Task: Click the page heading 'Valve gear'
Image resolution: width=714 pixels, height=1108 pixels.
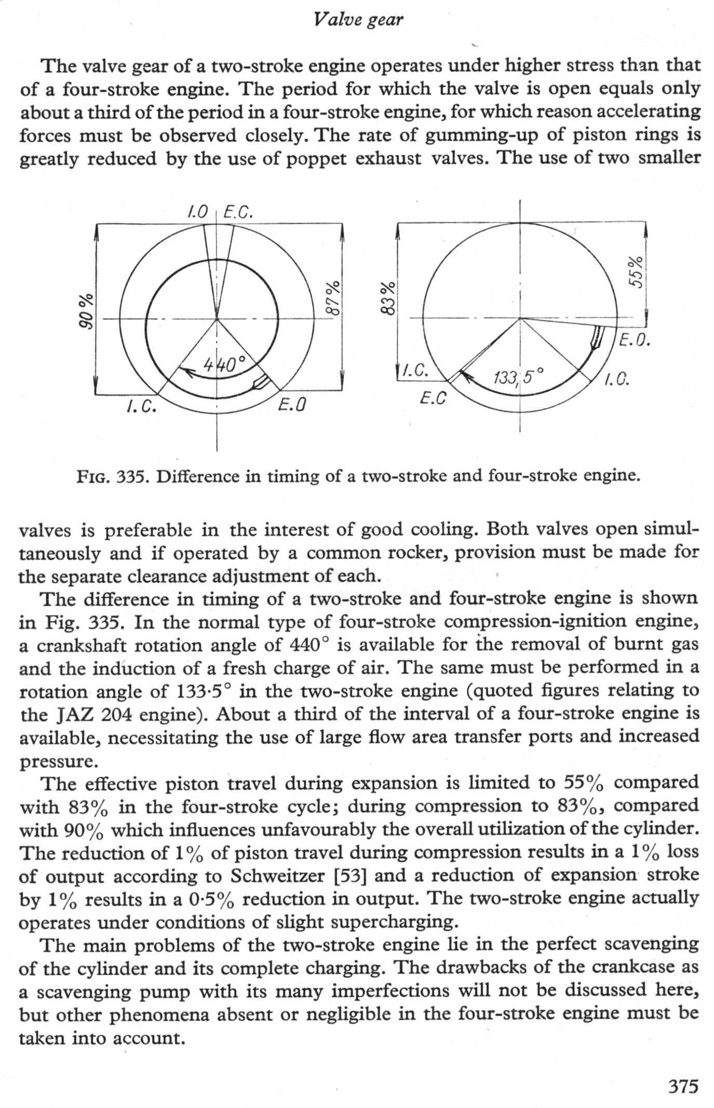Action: (358, 20)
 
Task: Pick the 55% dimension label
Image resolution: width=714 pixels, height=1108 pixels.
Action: (636, 271)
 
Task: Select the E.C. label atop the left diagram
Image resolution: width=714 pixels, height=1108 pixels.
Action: (238, 212)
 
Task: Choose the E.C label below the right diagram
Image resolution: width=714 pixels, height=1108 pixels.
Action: (433, 399)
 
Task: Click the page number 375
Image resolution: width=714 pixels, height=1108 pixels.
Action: (683, 1086)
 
